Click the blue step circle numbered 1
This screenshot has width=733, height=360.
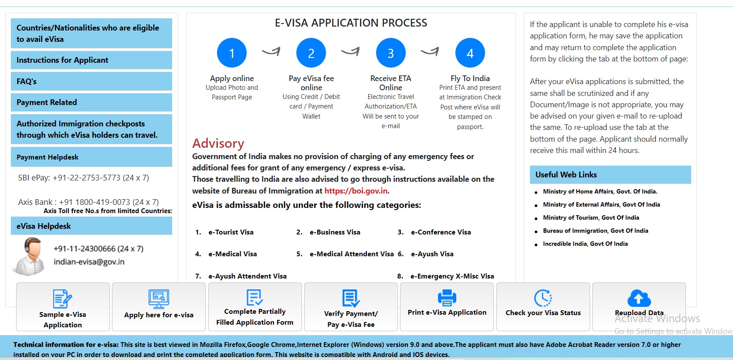point(231,53)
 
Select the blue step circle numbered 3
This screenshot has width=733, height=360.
point(390,53)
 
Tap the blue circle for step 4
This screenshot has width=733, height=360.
point(470,53)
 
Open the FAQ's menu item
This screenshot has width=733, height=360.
point(91,82)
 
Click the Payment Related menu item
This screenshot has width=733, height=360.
point(91,102)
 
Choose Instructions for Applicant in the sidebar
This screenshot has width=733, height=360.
point(91,60)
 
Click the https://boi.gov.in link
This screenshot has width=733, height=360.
point(356,191)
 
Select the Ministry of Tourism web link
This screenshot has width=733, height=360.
point(590,218)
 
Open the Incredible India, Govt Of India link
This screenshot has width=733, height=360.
point(585,244)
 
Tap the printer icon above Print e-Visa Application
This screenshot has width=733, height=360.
point(447,298)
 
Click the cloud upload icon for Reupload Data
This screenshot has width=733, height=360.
point(639,298)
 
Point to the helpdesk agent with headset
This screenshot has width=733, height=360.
point(30,256)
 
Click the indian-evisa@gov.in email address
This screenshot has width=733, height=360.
point(89,262)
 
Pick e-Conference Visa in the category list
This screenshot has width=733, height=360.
point(441,232)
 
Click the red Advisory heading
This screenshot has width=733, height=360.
point(218,143)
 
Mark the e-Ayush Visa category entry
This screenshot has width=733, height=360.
point(432,254)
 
